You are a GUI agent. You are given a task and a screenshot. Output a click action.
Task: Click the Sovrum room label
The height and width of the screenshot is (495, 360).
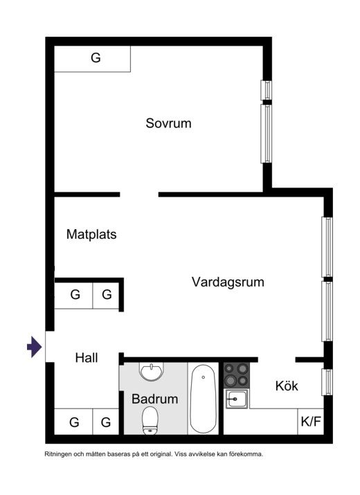point(168,123)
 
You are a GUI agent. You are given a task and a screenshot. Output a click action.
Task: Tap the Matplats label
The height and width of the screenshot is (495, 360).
point(91,235)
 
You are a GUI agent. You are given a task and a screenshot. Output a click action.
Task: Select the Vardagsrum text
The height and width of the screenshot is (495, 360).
point(228,282)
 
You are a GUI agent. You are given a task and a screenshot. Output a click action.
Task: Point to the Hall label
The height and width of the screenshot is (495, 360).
point(87,358)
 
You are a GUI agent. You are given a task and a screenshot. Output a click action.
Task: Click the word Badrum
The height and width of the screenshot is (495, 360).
point(155,399)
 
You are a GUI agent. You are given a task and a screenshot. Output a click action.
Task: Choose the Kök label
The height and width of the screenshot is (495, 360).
point(287,386)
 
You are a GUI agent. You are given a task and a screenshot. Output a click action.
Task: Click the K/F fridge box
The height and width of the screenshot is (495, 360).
point(311,422)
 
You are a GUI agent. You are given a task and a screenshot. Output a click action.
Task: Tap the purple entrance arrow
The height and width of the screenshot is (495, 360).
point(34,347)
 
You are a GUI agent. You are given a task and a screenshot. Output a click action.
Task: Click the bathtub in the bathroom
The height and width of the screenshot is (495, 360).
point(203,398)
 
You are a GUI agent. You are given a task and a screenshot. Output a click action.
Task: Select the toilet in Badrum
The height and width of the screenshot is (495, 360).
point(150,420)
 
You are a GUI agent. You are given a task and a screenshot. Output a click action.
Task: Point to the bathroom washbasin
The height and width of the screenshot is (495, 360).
point(152,371)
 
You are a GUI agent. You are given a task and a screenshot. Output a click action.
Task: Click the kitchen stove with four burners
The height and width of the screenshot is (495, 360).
point(237,375)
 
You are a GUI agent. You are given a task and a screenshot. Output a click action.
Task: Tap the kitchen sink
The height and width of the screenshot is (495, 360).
point(237,399)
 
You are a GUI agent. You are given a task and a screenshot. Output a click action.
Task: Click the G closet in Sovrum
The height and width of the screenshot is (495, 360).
point(93,59)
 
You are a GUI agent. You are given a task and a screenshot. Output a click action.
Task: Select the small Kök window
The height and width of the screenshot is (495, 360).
point(327,382)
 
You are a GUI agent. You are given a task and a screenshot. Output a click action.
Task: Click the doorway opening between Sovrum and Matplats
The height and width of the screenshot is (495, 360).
point(139,195)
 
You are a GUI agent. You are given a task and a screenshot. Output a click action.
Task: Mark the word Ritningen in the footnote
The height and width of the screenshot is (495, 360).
point(58,455)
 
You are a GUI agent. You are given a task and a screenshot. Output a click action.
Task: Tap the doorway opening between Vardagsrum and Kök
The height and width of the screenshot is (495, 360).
point(277,359)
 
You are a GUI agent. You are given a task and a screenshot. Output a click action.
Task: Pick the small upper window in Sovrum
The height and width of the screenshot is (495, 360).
point(267,90)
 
